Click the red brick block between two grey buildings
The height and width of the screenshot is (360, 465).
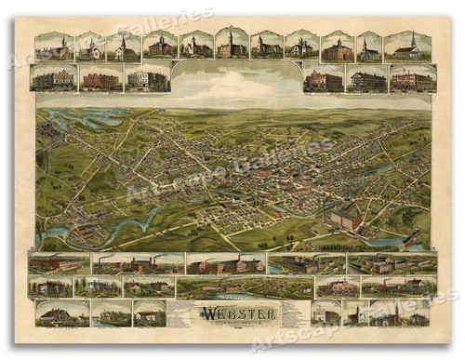point(101,79)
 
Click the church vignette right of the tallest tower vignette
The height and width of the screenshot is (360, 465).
point(266,46)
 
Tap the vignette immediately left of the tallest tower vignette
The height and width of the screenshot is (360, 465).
point(196,46)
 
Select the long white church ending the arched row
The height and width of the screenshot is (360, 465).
point(408,47)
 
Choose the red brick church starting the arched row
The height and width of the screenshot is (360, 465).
point(53,47)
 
